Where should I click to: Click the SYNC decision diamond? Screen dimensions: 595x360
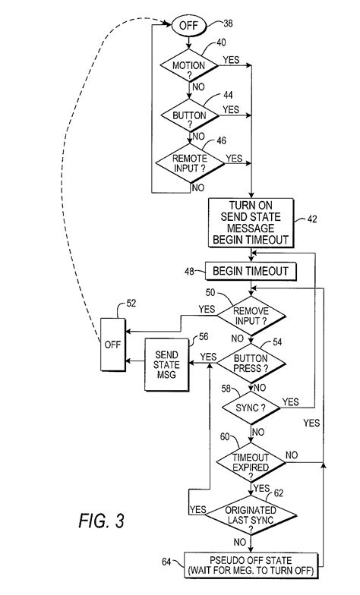point(250,408)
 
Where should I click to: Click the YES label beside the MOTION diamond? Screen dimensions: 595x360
point(232,58)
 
